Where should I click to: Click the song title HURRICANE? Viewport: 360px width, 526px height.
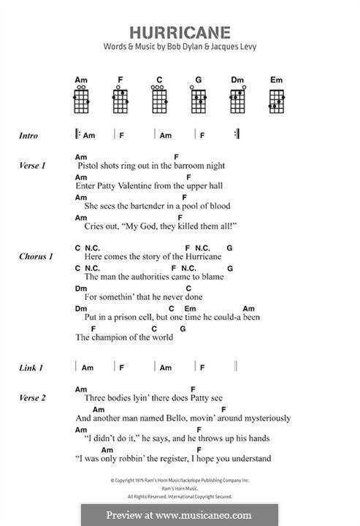(180, 32)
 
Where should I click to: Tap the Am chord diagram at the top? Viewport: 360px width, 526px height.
(81, 99)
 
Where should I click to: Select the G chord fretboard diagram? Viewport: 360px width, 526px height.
(198, 99)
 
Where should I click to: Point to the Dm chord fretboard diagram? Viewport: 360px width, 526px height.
(237, 99)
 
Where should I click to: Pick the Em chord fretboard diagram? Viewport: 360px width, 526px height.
(276, 99)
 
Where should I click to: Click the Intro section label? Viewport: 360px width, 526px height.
(29, 136)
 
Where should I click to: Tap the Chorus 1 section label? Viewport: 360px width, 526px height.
(36, 257)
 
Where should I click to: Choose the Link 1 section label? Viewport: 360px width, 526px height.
(31, 368)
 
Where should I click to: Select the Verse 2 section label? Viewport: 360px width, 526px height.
(33, 398)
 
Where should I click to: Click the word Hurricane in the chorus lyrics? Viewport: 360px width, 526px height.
(195, 257)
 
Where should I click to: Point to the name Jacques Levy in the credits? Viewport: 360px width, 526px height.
(235, 47)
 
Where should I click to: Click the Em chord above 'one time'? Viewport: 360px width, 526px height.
(190, 308)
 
